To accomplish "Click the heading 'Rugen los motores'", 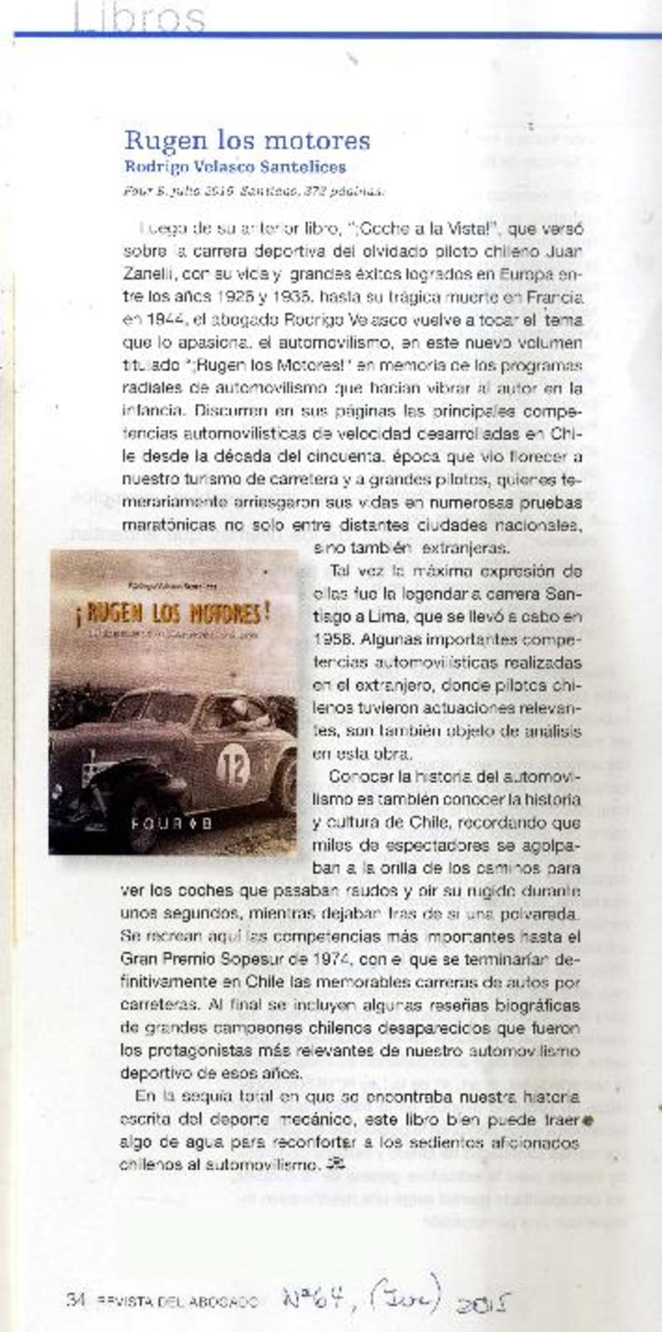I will coord(247,140).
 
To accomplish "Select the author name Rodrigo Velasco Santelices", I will coord(235,166).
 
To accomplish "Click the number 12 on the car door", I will coord(233,769).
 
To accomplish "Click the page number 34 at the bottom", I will coord(76,1300).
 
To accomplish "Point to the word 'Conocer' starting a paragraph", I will coord(361,777).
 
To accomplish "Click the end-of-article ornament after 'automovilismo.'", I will coord(335,1165).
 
